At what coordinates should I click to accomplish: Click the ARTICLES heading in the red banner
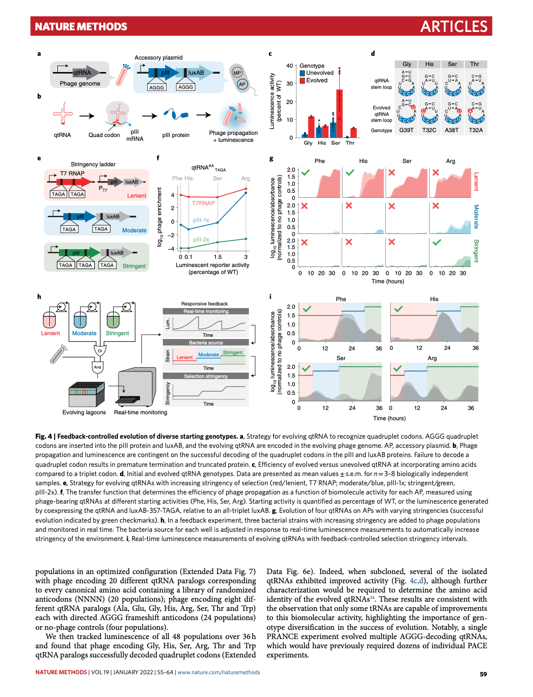453,27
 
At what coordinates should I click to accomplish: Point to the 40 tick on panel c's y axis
289,66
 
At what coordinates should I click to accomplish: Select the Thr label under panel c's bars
350,143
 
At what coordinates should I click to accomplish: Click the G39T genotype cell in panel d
406,131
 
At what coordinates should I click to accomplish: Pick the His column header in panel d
430,64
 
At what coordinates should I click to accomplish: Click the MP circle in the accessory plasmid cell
237,73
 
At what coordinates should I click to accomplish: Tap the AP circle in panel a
242,84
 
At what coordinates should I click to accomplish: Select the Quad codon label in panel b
104,135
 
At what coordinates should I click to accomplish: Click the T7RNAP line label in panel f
203,203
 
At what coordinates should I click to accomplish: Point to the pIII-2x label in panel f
201,239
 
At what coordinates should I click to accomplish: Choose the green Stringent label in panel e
134,266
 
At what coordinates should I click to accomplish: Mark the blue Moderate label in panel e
134,230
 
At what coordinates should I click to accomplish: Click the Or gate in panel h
100,351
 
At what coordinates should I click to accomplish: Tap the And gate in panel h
97,367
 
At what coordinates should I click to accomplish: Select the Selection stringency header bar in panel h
206,376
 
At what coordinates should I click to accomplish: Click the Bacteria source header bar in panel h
206,342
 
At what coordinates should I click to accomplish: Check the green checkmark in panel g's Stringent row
437,243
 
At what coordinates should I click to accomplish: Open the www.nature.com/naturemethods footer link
219,673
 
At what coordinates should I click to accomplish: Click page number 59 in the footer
483,674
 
